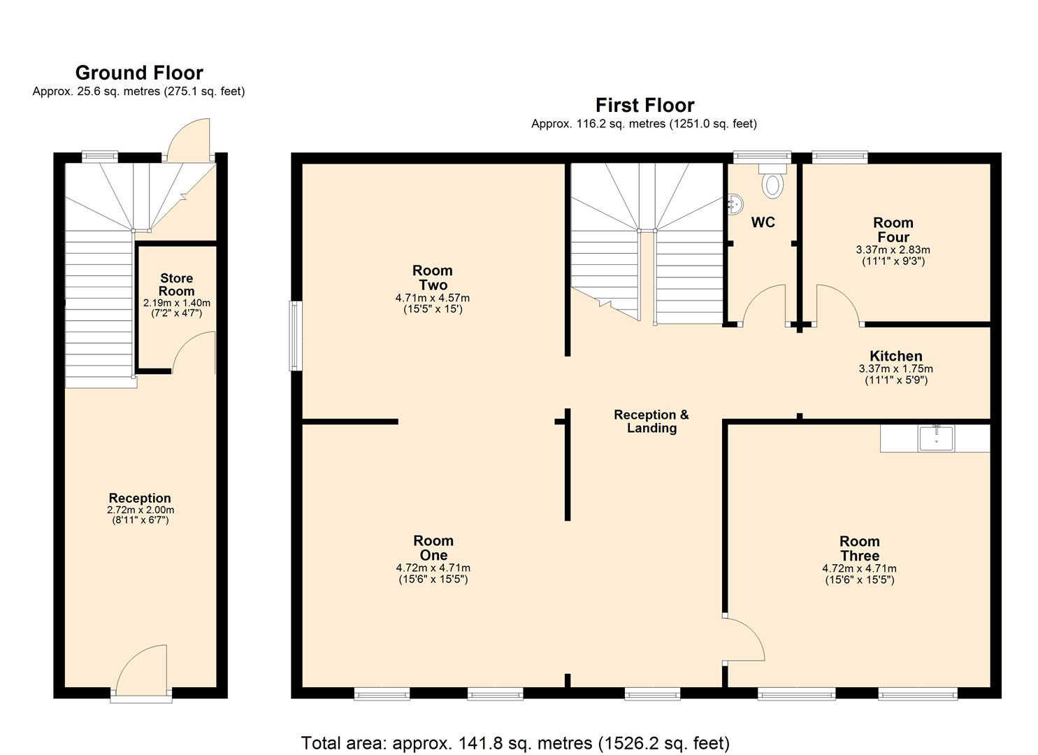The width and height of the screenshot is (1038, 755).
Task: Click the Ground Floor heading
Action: click(139, 73)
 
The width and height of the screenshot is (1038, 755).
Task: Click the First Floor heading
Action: click(644, 105)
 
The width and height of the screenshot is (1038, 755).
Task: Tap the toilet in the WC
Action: click(772, 183)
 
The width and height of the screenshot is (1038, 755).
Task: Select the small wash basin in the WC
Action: click(734, 204)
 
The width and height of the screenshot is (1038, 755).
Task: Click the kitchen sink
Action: click(937, 438)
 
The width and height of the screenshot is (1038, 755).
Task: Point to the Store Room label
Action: click(176, 285)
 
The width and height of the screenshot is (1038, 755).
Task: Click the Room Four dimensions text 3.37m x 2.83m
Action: click(893, 250)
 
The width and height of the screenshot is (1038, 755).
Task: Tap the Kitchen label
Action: click(895, 356)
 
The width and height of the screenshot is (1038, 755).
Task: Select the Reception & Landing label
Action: click(651, 421)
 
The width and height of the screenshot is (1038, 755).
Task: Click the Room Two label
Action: click(433, 278)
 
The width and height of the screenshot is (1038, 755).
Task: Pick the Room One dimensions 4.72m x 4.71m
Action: click(433, 568)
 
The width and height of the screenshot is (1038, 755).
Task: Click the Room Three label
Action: click(859, 548)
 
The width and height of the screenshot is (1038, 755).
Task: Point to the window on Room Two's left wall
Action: click(296, 336)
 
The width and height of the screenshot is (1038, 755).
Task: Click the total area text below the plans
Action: click(515, 742)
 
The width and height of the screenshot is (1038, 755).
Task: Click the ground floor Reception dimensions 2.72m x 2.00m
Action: click(140, 510)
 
